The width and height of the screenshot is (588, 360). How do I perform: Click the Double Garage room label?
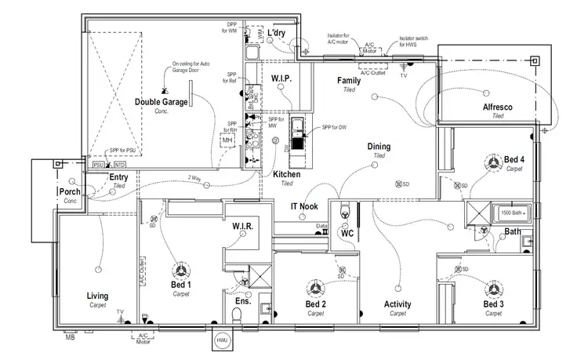161,102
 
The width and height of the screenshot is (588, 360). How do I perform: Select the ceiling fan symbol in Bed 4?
493,162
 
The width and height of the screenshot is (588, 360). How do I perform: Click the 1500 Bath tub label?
510,213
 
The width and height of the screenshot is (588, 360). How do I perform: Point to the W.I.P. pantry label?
281,79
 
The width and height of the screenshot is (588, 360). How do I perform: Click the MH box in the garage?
228,140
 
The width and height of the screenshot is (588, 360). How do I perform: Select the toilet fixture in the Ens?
238,315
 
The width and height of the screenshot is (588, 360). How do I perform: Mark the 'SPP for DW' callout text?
335,127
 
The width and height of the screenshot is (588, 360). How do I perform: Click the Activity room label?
397,304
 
